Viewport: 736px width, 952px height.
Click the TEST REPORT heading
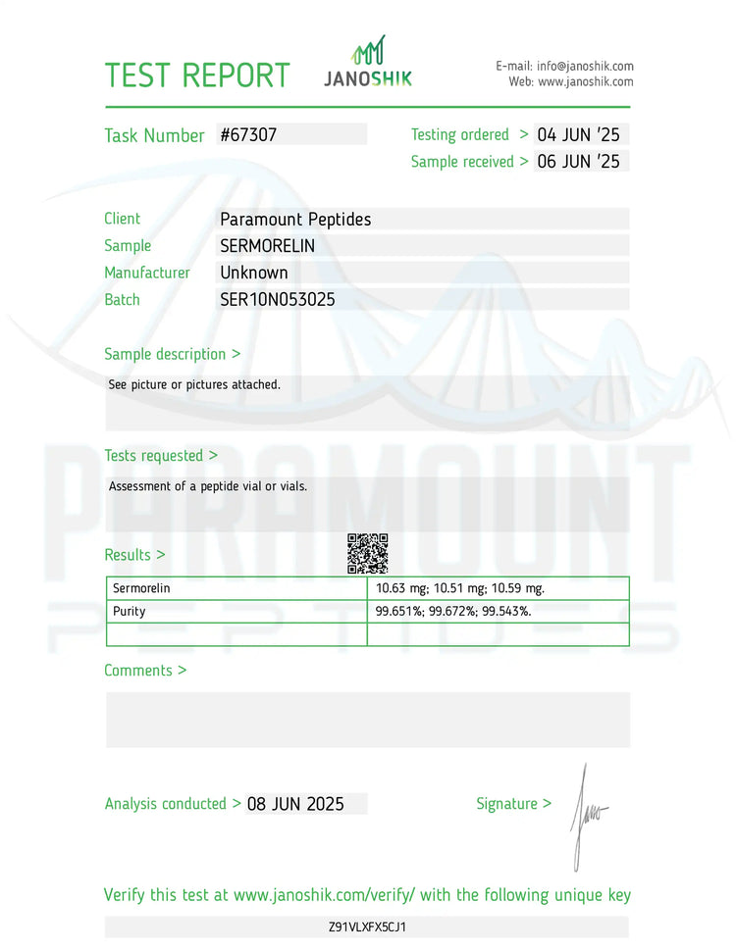click(197, 75)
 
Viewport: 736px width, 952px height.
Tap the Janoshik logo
click(368, 64)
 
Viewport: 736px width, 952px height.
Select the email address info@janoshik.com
click(585, 66)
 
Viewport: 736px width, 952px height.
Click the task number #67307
click(248, 135)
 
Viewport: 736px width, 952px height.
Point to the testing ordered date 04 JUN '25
click(579, 135)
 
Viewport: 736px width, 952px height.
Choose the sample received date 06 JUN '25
click(579, 162)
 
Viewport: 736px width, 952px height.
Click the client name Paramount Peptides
click(295, 220)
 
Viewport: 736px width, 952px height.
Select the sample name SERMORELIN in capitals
click(267, 246)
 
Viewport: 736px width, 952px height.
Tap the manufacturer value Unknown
click(253, 273)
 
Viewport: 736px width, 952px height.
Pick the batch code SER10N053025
click(278, 300)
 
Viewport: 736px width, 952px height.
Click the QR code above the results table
click(368, 553)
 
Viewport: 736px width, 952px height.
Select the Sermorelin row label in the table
click(141, 588)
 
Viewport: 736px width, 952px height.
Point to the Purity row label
click(129, 611)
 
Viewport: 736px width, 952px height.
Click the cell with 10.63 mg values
click(460, 588)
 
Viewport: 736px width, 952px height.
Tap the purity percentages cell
click(453, 611)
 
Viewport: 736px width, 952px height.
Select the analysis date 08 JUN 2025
click(295, 804)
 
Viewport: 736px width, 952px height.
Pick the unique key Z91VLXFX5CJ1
click(368, 927)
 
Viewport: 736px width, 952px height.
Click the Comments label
click(138, 671)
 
